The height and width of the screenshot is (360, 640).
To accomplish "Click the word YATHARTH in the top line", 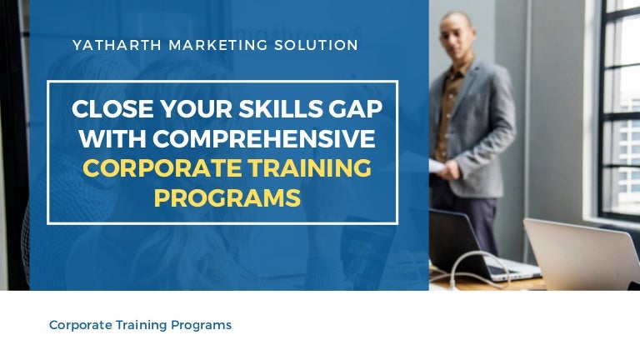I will coord(116,45).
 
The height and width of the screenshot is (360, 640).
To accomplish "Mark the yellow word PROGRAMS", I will coord(227,197).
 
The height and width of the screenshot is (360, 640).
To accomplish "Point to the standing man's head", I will coord(459,33).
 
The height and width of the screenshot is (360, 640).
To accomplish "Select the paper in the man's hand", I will coord(439,166).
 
